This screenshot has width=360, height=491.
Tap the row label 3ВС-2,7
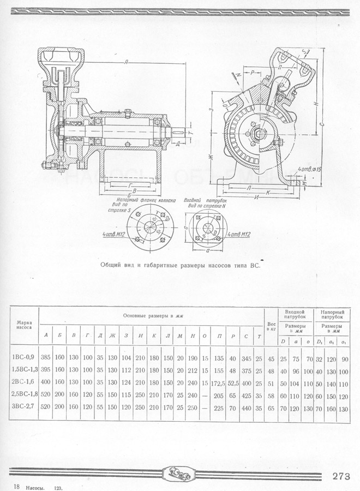pyautogui.click(x=23, y=407)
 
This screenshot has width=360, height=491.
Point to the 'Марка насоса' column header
pyautogui.click(x=23, y=326)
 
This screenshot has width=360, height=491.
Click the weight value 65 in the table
pyautogui.click(x=271, y=407)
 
